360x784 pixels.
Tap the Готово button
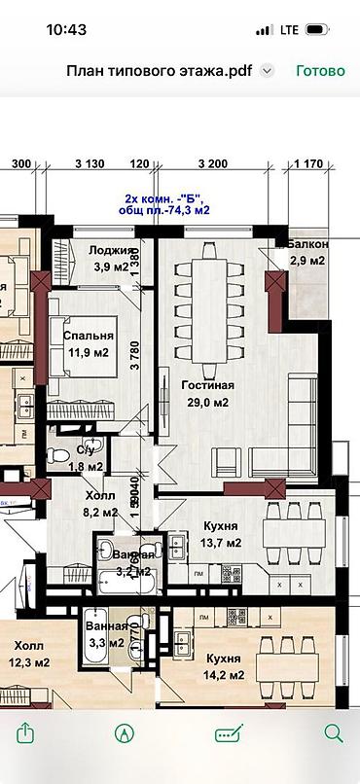[x=320, y=71]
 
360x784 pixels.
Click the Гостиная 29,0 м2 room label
[x=204, y=394]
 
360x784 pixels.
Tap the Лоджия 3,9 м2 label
[x=109, y=258]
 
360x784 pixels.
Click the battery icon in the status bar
[x=317, y=30]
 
